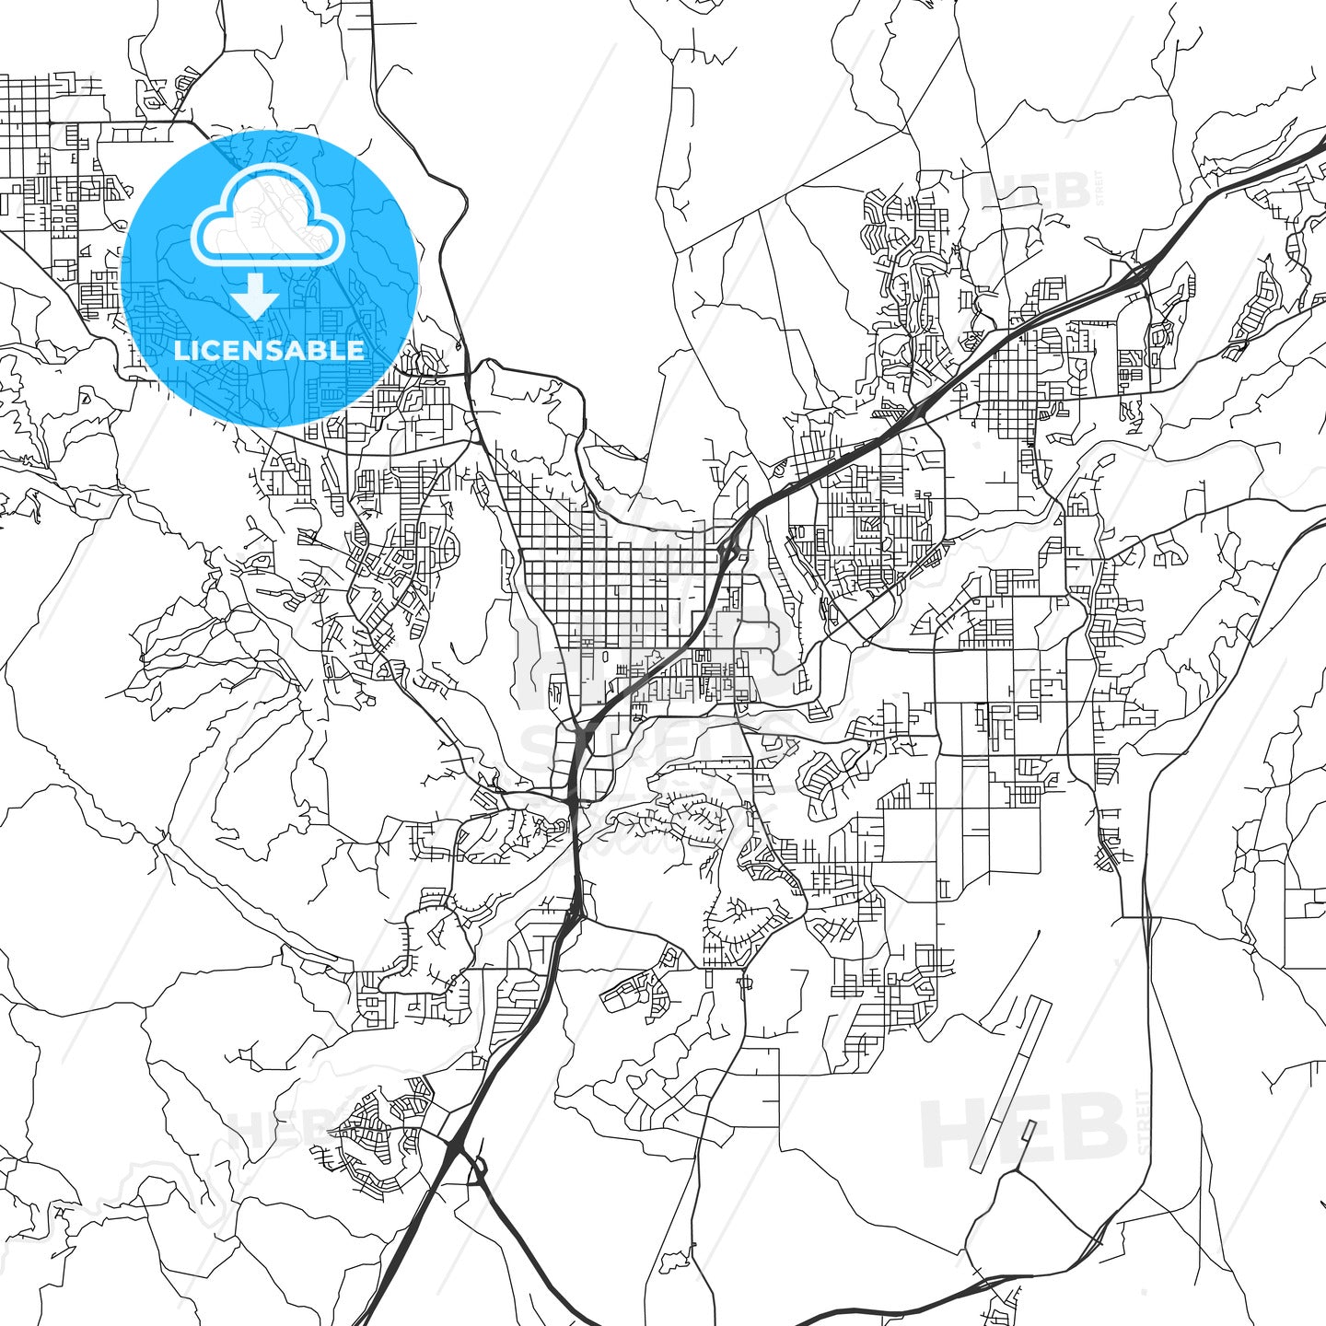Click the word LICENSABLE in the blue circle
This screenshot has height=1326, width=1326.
269,350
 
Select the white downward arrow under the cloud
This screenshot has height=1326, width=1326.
255,297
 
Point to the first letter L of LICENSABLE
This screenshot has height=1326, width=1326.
180,350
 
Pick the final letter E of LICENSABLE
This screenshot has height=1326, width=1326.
356,350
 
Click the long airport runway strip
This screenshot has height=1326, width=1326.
1010,1082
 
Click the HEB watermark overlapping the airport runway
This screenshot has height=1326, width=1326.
1022,1128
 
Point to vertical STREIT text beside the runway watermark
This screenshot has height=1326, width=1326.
1144,1122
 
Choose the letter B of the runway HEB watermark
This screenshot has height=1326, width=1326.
1091,1128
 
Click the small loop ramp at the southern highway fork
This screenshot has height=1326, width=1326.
479,1168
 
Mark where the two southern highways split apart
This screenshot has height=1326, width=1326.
458,1146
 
